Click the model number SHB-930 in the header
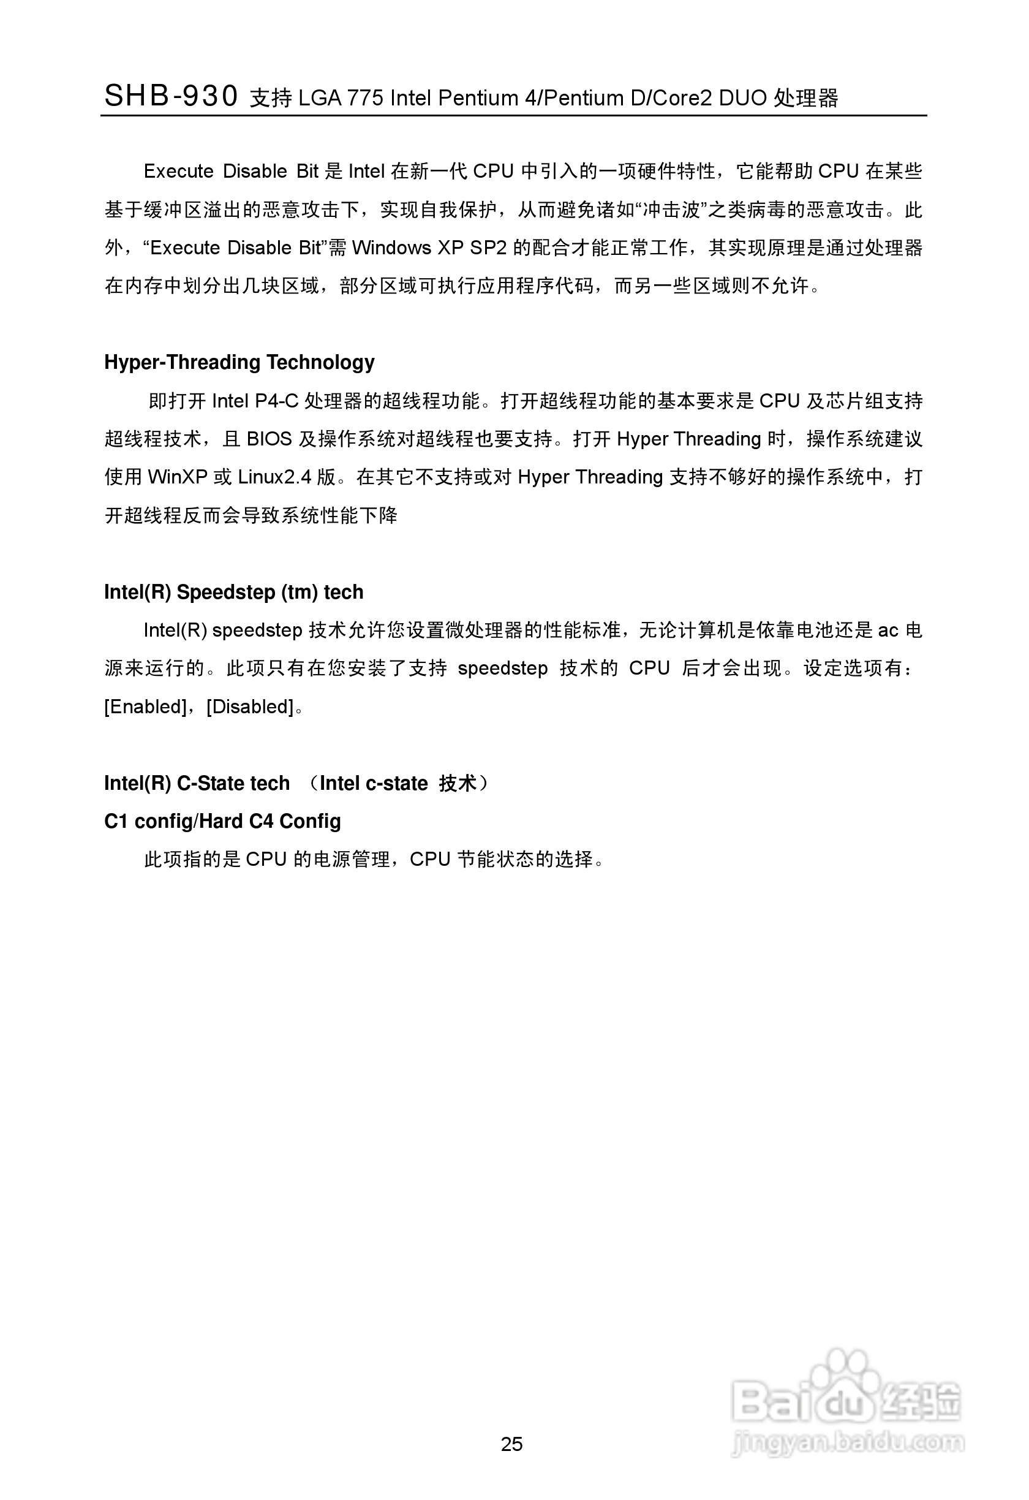[171, 96]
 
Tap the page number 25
[511, 1444]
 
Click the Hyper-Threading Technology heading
[239, 362]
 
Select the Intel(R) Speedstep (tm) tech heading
[233, 592]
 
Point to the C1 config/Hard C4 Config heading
[222, 821]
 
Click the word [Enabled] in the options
[145, 706]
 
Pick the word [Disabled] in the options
[250, 706]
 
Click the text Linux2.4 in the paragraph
[275, 477]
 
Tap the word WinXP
[178, 477]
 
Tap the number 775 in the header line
[365, 98]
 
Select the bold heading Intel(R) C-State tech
[197, 783]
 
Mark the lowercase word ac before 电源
[888, 630]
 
